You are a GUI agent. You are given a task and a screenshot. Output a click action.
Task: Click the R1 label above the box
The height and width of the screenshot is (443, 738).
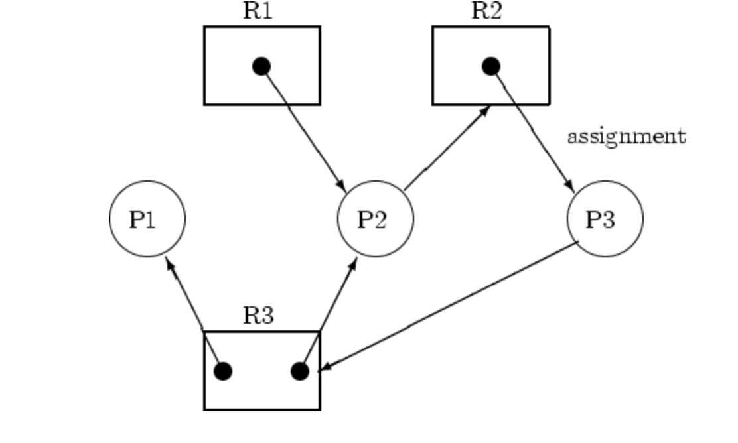click(x=258, y=11)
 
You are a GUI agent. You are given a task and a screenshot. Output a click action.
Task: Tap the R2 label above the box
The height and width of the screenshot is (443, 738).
click(x=486, y=11)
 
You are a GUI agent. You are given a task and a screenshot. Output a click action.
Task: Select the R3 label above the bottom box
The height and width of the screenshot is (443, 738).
click(x=258, y=315)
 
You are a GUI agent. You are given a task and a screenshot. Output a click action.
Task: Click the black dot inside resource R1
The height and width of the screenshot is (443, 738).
click(x=261, y=66)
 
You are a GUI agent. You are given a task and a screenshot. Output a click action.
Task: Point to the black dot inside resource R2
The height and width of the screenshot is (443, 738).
click(x=490, y=66)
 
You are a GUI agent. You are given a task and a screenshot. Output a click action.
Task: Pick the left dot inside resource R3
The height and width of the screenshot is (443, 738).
click(x=223, y=371)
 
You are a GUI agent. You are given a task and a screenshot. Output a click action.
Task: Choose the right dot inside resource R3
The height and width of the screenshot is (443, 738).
click(x=300, y=371)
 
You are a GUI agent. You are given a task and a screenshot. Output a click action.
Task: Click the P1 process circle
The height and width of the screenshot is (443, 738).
click(x=147, y=219)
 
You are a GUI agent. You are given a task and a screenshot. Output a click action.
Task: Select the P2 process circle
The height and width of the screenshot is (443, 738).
click(x=376, y=219)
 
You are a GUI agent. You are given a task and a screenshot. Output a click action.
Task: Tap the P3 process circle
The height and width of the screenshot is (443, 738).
click(x=605, y=219)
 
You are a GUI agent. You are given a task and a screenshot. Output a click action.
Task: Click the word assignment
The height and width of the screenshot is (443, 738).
click(x=626, y=137)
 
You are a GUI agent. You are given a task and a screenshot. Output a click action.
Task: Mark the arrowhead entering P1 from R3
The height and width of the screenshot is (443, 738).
click(x=169, y=263)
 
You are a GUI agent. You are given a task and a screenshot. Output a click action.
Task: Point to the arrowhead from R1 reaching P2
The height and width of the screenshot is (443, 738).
click(x=341, y=183)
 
